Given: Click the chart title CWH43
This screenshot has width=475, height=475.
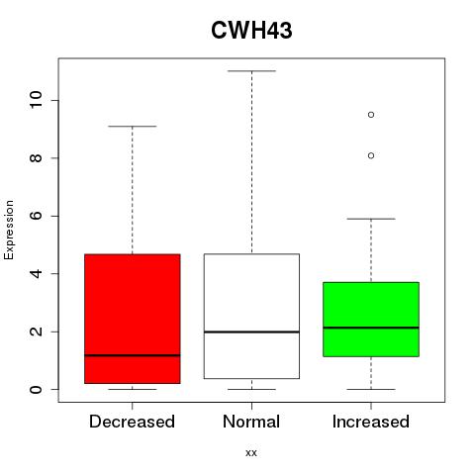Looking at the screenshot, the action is pos(251,31).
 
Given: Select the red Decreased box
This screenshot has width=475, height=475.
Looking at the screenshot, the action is pos(133,319).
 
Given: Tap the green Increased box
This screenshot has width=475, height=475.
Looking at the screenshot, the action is pos(371,320).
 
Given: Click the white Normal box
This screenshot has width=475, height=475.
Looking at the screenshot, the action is pos(251,316).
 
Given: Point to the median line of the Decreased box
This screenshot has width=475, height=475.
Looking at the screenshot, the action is pos(133,355).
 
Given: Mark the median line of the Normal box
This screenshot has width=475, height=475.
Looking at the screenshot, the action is pos(251,332).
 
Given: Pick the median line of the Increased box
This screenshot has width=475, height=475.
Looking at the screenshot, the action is pos(371,328).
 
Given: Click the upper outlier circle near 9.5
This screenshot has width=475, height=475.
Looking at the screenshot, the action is pos(371,115).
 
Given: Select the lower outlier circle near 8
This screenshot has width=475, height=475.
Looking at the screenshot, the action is pos(371,155).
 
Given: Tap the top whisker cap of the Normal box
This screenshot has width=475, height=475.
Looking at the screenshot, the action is pos(251,71).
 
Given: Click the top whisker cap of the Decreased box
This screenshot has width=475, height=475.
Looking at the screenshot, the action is pos(133,126).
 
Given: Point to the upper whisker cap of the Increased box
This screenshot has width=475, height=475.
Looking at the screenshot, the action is pos(371,219).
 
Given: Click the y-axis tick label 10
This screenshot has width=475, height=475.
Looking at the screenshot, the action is pos(37,100).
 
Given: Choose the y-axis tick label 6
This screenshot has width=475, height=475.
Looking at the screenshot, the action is pos(37,216).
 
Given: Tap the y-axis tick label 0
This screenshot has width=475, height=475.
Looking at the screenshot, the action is pos(37,390).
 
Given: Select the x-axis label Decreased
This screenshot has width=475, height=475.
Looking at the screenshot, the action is pos(132,422).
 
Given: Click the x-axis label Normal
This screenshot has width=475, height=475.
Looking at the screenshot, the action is pos(251,422).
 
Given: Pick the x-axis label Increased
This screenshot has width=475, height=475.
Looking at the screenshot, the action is pos(371,422).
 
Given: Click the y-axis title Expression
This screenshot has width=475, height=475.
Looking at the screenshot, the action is pos(9,230).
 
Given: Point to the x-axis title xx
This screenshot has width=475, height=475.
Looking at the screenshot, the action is pos(251,453).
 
